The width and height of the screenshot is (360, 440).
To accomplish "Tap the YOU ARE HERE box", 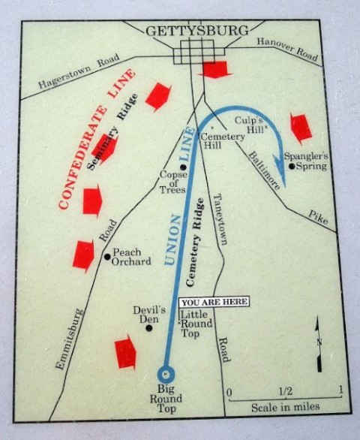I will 213,303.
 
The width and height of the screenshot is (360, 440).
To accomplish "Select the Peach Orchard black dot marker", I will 107,257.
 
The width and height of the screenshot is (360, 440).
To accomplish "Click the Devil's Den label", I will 148,314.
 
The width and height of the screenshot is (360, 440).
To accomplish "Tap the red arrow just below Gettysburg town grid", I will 215,70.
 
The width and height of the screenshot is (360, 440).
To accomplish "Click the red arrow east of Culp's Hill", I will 300,128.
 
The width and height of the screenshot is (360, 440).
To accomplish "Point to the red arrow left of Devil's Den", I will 126,353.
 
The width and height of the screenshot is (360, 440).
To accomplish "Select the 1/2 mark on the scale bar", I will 285,391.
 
